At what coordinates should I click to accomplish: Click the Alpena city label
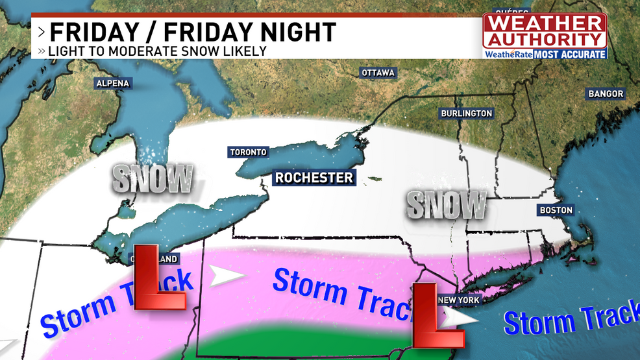(x=113, y=83)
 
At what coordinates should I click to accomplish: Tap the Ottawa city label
(x=378, y=73)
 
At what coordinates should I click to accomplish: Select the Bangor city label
(x=606, y=93)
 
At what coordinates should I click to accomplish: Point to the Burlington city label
(x=466, y=114)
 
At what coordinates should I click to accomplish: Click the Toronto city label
(x=248, y=152)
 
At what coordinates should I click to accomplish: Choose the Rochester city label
(x=314, y=177)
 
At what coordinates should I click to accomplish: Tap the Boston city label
(x=556, y=210)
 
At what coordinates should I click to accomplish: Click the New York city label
(x=459, y=300)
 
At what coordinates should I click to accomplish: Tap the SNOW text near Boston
(x=447, y=205)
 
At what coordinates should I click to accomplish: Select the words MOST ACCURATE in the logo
(x=570, y=54)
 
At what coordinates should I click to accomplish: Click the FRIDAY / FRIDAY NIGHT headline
(x=193, y=32)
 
